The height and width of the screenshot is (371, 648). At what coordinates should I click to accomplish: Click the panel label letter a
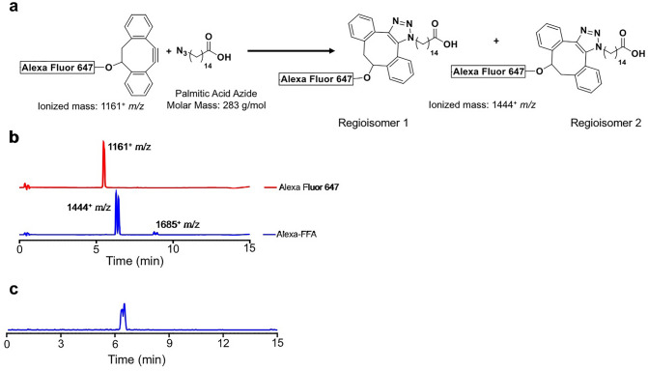(8, 9)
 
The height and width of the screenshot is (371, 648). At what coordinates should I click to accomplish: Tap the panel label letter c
(8, 289)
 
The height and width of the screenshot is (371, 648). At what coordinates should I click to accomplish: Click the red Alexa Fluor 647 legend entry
(298, 187)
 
